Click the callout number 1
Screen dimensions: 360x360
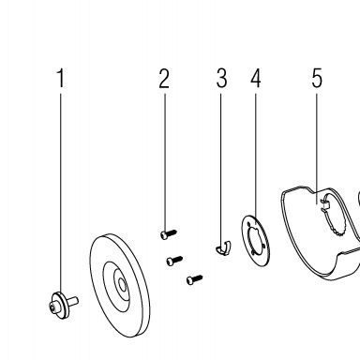(61, 78)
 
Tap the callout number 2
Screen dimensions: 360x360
(164, 78)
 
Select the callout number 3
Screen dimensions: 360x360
(221, 78)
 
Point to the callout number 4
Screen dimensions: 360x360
(256, 78)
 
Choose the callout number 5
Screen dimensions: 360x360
(317, 78)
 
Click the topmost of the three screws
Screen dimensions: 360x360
(169, 233)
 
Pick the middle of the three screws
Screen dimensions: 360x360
(174, 261)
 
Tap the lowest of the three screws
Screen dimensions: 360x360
(194, 279)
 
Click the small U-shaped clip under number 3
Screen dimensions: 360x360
(223, 247)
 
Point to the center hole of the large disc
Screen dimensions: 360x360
(122, 284)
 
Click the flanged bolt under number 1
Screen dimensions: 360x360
(64, 305)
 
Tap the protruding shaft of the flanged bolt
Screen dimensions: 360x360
(73, 301)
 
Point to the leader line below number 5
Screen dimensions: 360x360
(317, 148)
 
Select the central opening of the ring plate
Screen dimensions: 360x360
(256, 241)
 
